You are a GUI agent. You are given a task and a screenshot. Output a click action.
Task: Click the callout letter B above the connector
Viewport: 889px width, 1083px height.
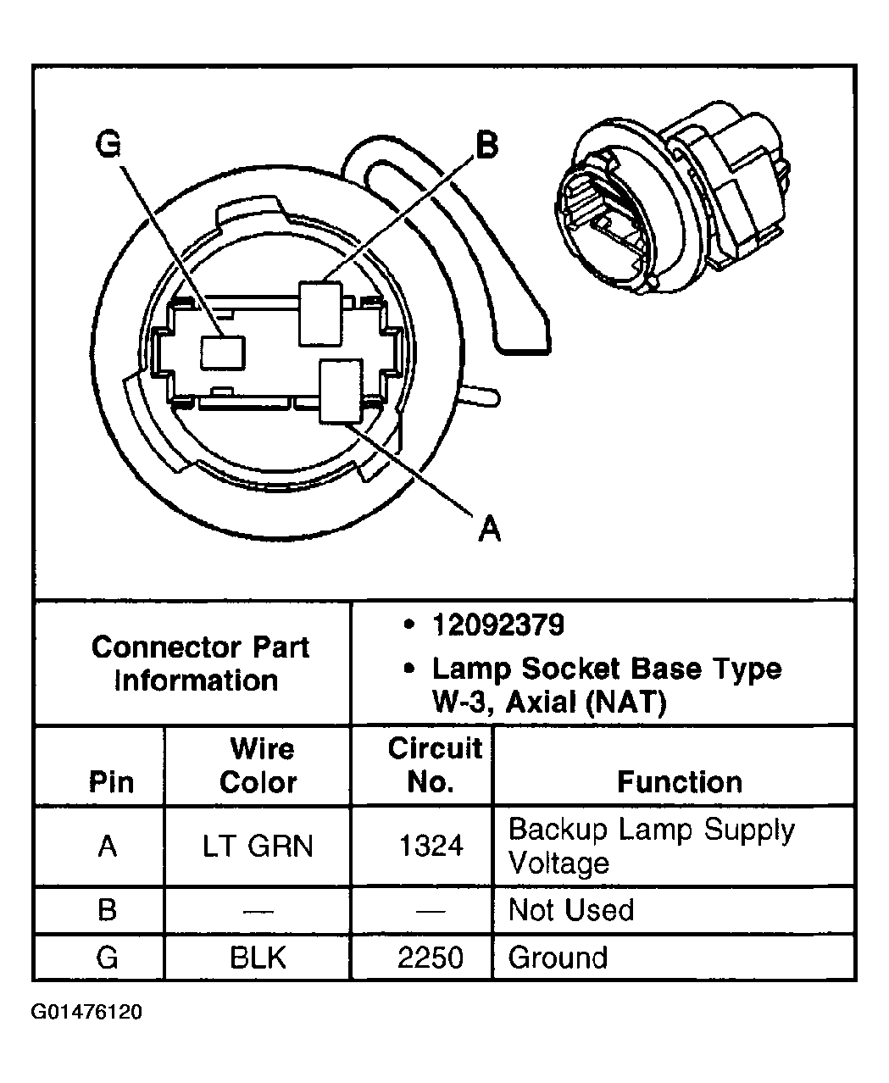pyautogui.click(x=486, y=145)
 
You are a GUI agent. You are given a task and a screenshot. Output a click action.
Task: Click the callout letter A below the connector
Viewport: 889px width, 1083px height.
pyautogui.click(x=490, y=529)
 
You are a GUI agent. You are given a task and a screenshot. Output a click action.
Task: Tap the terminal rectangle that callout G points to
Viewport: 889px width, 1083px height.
pyautogui.click(x=222, y=352)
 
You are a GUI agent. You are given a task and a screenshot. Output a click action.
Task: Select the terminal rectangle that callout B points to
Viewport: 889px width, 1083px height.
pyautogui.click(x=321, y=313)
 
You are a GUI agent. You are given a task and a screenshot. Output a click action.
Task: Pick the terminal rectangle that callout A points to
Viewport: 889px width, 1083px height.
pyautogui.click(x=341, y=391)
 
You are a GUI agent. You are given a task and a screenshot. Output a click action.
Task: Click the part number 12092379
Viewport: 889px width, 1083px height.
pyautogui.click(x=497, y=625)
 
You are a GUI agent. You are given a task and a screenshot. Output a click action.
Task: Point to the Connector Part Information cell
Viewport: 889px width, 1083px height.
pyautogui.click(x=199, y=664)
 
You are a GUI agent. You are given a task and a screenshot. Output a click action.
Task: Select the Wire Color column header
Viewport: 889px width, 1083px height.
pyautogui.click(x=258, y=765)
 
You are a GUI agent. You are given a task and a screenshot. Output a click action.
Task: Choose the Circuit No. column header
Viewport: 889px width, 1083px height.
pyautogui.click(x=433, y=765)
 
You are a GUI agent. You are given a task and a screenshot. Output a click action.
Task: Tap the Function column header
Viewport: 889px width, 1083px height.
pyautogui.click(x=679, y=781)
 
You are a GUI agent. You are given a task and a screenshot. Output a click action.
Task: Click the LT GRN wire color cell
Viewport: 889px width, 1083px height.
pyautogui.click(x=258, y=846)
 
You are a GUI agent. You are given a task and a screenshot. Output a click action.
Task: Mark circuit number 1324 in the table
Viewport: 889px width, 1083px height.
pyautogui.click(x=431, y=846)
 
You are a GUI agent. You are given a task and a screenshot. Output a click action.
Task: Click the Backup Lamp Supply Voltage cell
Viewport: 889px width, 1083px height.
pyautogui.click(x=651, y=846)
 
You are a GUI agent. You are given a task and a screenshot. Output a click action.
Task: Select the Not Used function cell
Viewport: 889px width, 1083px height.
pyautogui.click(x=570, y=910)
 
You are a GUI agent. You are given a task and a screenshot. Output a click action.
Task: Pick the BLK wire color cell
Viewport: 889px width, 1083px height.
pyautogui.click(x=258, y=958)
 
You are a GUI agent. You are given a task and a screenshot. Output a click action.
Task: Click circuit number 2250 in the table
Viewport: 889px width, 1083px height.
pyautogui.click(x=431, y=958)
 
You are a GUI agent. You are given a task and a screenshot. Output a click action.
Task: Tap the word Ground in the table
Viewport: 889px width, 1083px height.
pyautogui.click(x=558, y=958)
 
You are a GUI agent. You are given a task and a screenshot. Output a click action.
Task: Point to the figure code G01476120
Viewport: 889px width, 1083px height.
pyautogui.click(x=86, y=1013)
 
